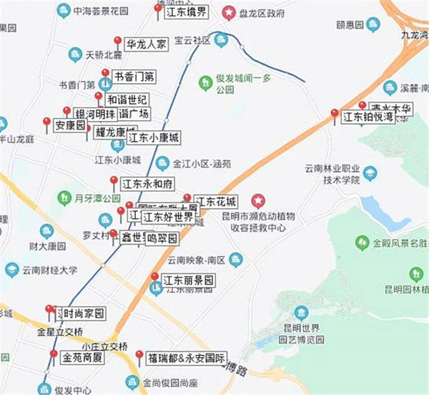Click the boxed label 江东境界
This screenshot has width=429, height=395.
(x=187, y=12)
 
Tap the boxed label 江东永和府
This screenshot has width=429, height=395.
(x=148, y=184)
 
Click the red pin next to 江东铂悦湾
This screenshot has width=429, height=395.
(x=334, y=114)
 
